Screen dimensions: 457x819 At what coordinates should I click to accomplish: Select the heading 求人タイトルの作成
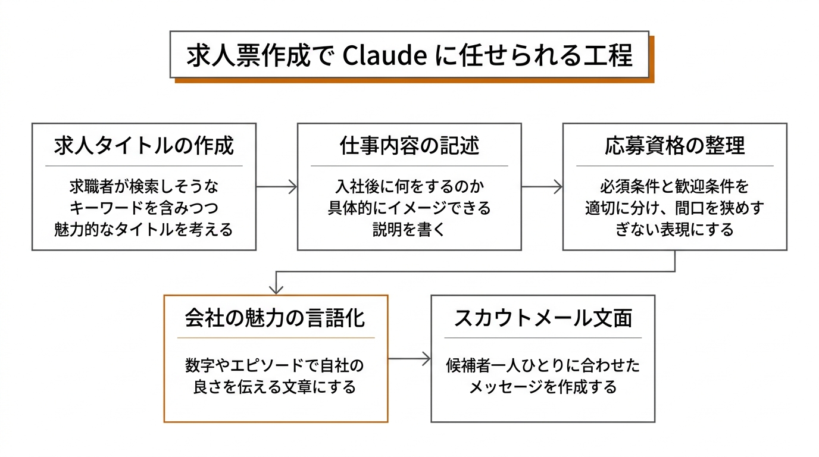(143, 146)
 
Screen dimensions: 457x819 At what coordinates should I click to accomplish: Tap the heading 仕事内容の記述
(409, 146)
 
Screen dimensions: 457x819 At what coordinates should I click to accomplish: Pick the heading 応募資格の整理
(674, 146)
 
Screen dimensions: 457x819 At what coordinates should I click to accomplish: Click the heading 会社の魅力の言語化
(276, 318)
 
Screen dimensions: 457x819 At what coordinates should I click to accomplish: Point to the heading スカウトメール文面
(542, 318)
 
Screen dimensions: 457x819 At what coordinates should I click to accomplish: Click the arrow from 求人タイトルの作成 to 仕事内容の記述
(277, 187)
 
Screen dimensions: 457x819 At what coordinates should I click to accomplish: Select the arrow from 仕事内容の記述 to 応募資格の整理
(542, 187)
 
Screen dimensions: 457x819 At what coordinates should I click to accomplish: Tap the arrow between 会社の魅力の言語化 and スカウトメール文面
(409, 358)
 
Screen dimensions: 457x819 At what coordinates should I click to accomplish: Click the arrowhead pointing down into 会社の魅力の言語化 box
(276, 289)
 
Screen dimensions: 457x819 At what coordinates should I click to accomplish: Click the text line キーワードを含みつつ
(143, 208)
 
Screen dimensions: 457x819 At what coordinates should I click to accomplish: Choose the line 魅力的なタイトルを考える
(143, 230)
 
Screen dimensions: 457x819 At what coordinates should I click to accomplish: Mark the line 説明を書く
(409, 230)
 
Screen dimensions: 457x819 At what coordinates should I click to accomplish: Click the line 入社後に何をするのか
(409, 187)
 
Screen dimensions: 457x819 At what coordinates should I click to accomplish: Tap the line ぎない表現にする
(674, 230)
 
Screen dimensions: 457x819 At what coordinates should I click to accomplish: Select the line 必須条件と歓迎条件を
(674, 187)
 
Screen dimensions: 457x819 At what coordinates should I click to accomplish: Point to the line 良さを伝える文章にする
(276, 387)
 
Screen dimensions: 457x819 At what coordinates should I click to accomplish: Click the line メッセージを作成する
(542, 387)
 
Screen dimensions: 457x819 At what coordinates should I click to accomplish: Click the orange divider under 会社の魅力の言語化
(276, 338)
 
